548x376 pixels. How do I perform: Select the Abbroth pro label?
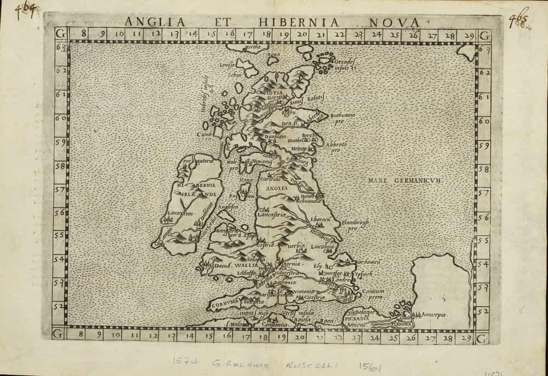click(337, 147)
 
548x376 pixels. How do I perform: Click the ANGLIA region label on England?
click(277, 188)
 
